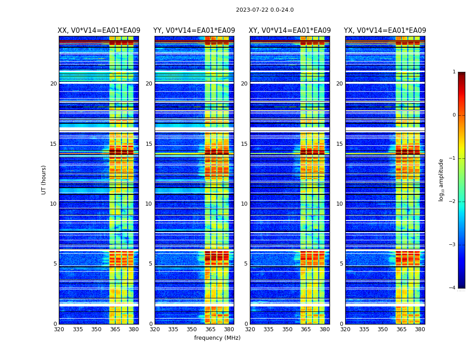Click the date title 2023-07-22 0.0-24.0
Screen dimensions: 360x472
[265, 10]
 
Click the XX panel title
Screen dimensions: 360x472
[99, 31]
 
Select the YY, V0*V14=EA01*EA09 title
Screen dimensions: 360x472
[194, 31]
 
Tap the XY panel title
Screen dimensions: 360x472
[289, 31]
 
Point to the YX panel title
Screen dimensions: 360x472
[385, 31]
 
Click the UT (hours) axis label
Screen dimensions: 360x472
[44, 180]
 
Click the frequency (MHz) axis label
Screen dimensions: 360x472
[217, 338]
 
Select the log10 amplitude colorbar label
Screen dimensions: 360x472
[441, 180]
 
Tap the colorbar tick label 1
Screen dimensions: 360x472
[454, 72]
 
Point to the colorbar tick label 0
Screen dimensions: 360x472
[454, 115]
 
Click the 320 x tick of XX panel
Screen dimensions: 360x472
[59, 329]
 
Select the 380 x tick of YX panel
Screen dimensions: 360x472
[420, 329]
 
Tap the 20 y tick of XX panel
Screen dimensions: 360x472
[53, 84]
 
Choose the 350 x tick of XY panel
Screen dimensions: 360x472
[287, 329]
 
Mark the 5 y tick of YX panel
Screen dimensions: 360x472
[341, 264]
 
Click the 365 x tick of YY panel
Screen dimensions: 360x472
[210, 329]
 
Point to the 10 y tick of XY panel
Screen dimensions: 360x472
[244, 204]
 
